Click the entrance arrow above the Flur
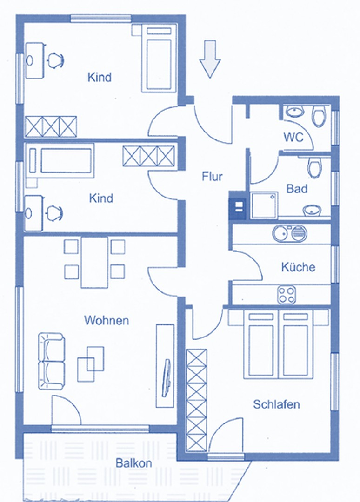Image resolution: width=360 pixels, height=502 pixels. click(210, 59)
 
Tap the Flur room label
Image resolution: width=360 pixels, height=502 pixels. click(213, 177)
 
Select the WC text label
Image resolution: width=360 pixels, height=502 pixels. click(293, 137)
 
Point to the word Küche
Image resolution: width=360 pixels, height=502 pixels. click(298, 267)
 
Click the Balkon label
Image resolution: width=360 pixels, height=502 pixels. click(133, 463)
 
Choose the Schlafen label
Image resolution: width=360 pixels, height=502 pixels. click(276, 404)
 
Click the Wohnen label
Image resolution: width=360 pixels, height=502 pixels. click(107, 320)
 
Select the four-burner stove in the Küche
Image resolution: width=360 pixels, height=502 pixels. click(287, 294)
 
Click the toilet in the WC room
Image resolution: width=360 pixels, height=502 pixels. click(319, 116)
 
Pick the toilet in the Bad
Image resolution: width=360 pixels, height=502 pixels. click(315, 167)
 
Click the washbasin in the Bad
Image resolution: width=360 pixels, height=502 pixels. click(312, 211)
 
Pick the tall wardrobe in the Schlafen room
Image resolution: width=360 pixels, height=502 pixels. click(196, 400)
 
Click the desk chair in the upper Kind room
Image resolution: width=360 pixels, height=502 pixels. click(55, 60)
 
